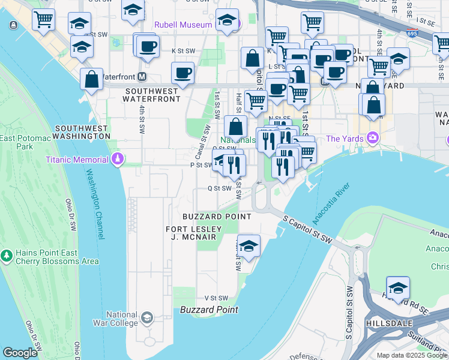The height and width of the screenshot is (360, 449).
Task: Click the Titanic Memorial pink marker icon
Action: click(x=118, y=159)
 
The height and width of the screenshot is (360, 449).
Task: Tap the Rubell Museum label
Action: click(x=183, y=25)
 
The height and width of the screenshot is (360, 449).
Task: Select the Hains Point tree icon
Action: click(x=7, y=256)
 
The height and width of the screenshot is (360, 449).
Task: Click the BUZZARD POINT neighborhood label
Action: click(x=217, y=216)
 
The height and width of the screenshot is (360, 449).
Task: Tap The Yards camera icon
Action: click(x=373, y=139)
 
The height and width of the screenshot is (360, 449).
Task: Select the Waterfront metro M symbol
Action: click(x=142, y=77)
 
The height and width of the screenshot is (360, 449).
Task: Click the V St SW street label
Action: click(x=217, y=298)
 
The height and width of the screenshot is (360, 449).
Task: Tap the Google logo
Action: click(x=20, y=353)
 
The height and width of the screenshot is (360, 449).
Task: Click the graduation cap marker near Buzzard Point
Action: click(x=249, y=245)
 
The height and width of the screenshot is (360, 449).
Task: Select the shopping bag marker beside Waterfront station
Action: click(x=92, y=81)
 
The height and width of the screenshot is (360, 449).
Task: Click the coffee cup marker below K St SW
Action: click(x=183, y=73)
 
